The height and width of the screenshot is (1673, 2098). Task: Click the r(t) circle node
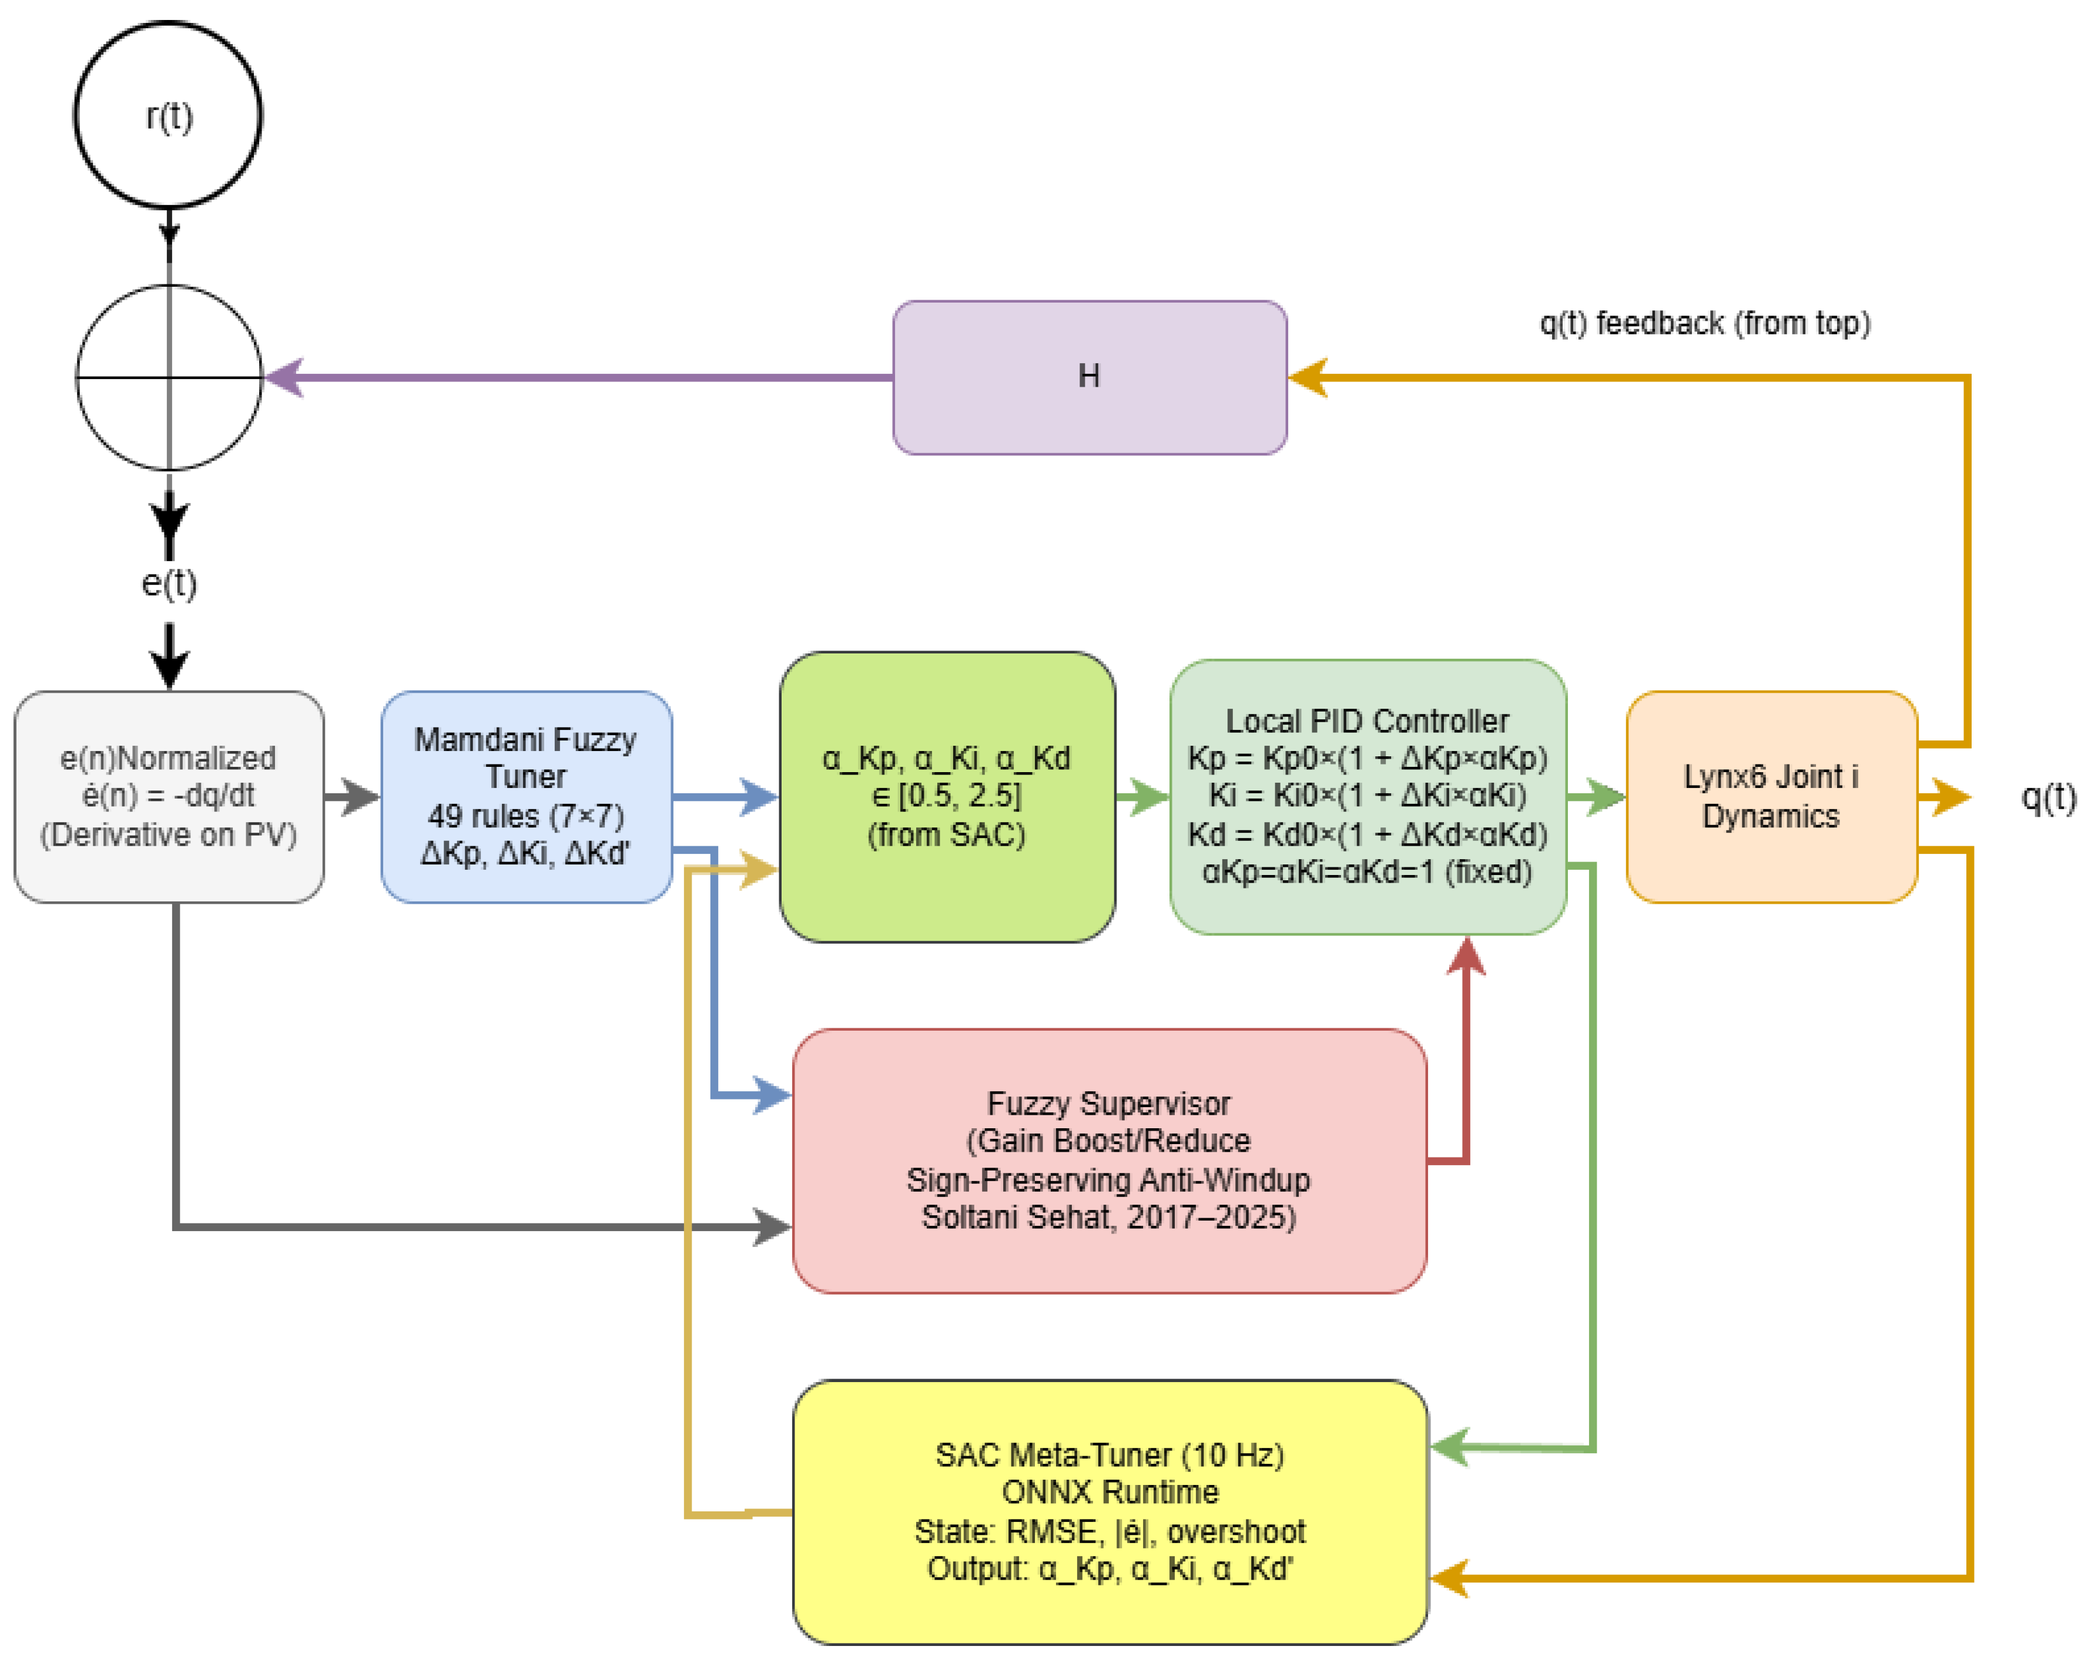[168, 115]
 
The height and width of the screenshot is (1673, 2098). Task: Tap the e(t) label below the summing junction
[169, 584]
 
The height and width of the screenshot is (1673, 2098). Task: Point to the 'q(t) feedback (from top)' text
[1705, 323]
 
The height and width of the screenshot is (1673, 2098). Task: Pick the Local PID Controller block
[1367, 797]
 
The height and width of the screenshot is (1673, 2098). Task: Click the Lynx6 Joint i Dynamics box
[1771, 797]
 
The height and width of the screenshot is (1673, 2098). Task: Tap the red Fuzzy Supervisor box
[1110, 1160]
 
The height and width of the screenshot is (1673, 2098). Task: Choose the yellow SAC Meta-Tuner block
[1110, 1511]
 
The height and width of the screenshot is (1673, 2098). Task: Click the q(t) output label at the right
[2049, 798]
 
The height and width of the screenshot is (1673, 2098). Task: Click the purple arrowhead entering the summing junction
[284, 378]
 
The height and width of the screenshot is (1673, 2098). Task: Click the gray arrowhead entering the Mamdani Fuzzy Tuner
[362, 797]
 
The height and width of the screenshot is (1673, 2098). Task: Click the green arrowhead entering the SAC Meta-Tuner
[1450, 1447]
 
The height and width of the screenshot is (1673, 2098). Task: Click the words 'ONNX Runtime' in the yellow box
[1110, 1492]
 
